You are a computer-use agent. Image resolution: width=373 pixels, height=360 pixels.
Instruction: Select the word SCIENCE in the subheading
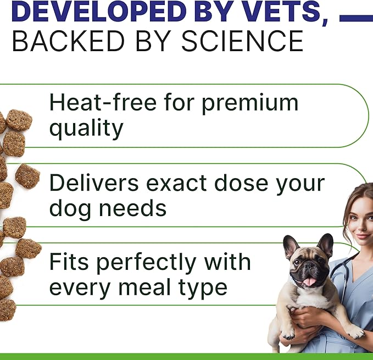pyautogui.click(x=243, y=41)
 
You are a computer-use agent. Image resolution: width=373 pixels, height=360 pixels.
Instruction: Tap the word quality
pyautogui.click(x=86, y=129)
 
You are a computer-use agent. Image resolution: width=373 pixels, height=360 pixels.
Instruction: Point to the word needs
pyautogui.click(x=135, y=208)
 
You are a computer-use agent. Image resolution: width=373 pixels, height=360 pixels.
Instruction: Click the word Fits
pyautogui.click(x=66, y=262)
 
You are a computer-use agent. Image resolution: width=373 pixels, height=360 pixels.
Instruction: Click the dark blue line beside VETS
pyautogui.click(x=355, y=18)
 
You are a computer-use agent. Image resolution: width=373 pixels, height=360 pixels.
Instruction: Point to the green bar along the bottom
pyautogui.click(x=186, y=356)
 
